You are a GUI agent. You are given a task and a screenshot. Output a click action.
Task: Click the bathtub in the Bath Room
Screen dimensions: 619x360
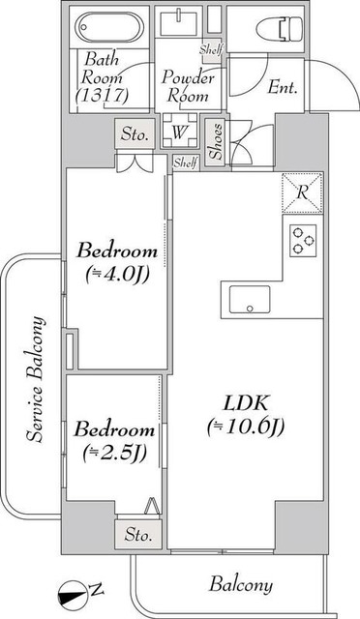(109, 26)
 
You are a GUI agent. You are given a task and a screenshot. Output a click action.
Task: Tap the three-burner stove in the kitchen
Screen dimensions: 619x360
(302, 238)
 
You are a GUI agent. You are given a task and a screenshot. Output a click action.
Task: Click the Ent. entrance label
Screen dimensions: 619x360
(282, 88)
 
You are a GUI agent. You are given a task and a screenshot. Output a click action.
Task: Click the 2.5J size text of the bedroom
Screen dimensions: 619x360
(114, 451)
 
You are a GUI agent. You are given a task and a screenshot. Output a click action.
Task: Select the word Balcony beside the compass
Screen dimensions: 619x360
(240, 584)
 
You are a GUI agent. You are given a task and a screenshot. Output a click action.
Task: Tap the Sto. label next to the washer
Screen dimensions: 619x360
(135, 134)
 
